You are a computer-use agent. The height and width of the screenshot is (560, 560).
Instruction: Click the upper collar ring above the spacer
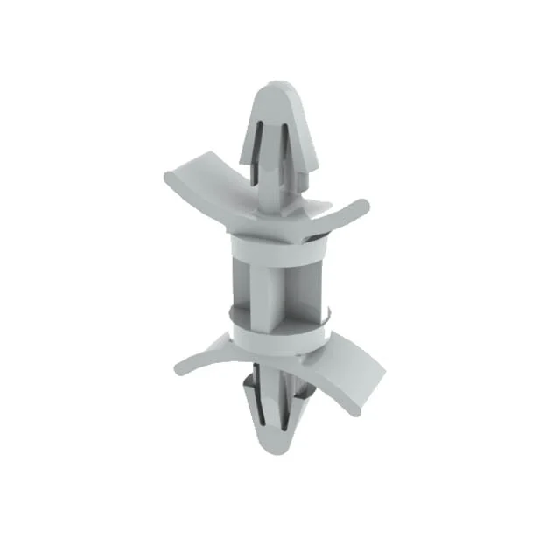click(273, 243)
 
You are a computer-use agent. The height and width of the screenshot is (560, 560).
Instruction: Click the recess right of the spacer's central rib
click(302, 284)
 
